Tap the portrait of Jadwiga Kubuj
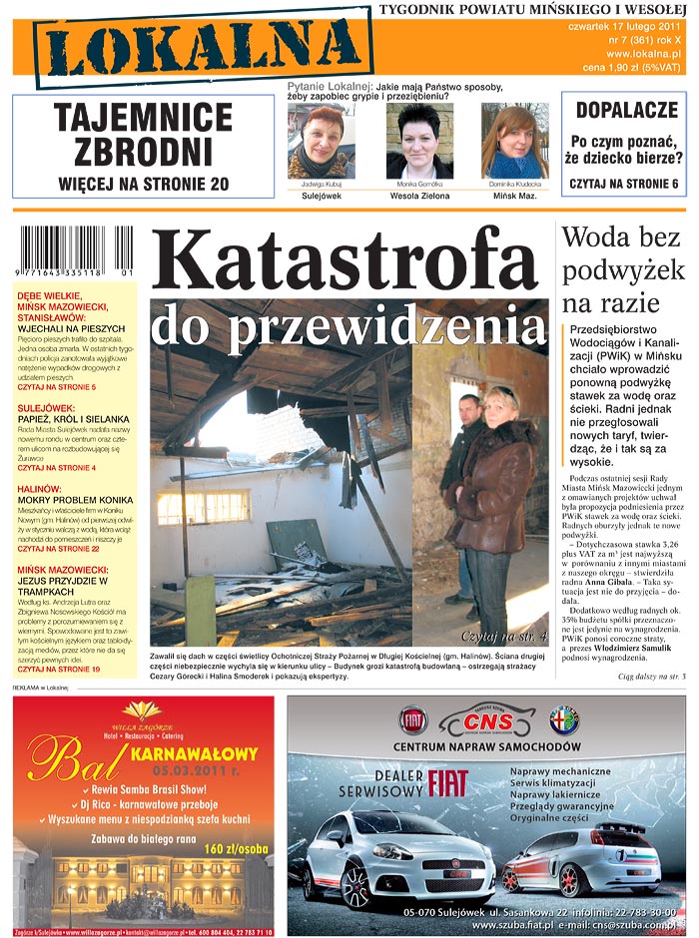[321, 142]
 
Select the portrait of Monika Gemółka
[419, 141]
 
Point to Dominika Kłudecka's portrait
[515, 141]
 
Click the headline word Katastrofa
[350, 261]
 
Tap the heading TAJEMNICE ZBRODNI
[143, 136]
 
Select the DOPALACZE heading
[624, 110]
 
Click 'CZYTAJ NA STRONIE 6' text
[624, 184]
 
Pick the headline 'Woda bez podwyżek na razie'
[623, 269]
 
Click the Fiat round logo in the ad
[413, 719]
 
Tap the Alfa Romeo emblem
[564, 719]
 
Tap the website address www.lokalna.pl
[643, 53]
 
